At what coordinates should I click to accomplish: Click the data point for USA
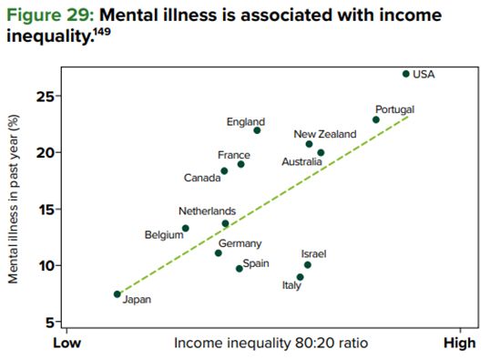point(406,74)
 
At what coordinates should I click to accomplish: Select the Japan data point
point(117,293)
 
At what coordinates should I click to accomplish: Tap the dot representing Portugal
point(376,119)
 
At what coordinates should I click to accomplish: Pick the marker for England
point(257,130)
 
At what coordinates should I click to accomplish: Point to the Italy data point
point(300,277)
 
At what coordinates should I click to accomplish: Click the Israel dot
point(308,264)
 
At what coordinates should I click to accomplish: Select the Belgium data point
point(185,228)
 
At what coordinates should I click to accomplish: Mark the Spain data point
point(240,268)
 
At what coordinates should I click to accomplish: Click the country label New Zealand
point(324,134)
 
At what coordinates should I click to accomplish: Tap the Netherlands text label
point(207,211)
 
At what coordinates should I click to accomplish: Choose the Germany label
point(240,243)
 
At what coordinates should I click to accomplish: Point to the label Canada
point(201,177)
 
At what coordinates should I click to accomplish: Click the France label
point(234,155)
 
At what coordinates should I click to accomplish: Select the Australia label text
point(301,162)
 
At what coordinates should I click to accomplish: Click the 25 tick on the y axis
point(45,97)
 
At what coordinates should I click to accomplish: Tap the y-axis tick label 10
point(45,265)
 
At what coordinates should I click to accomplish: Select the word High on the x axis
point(459,344)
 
